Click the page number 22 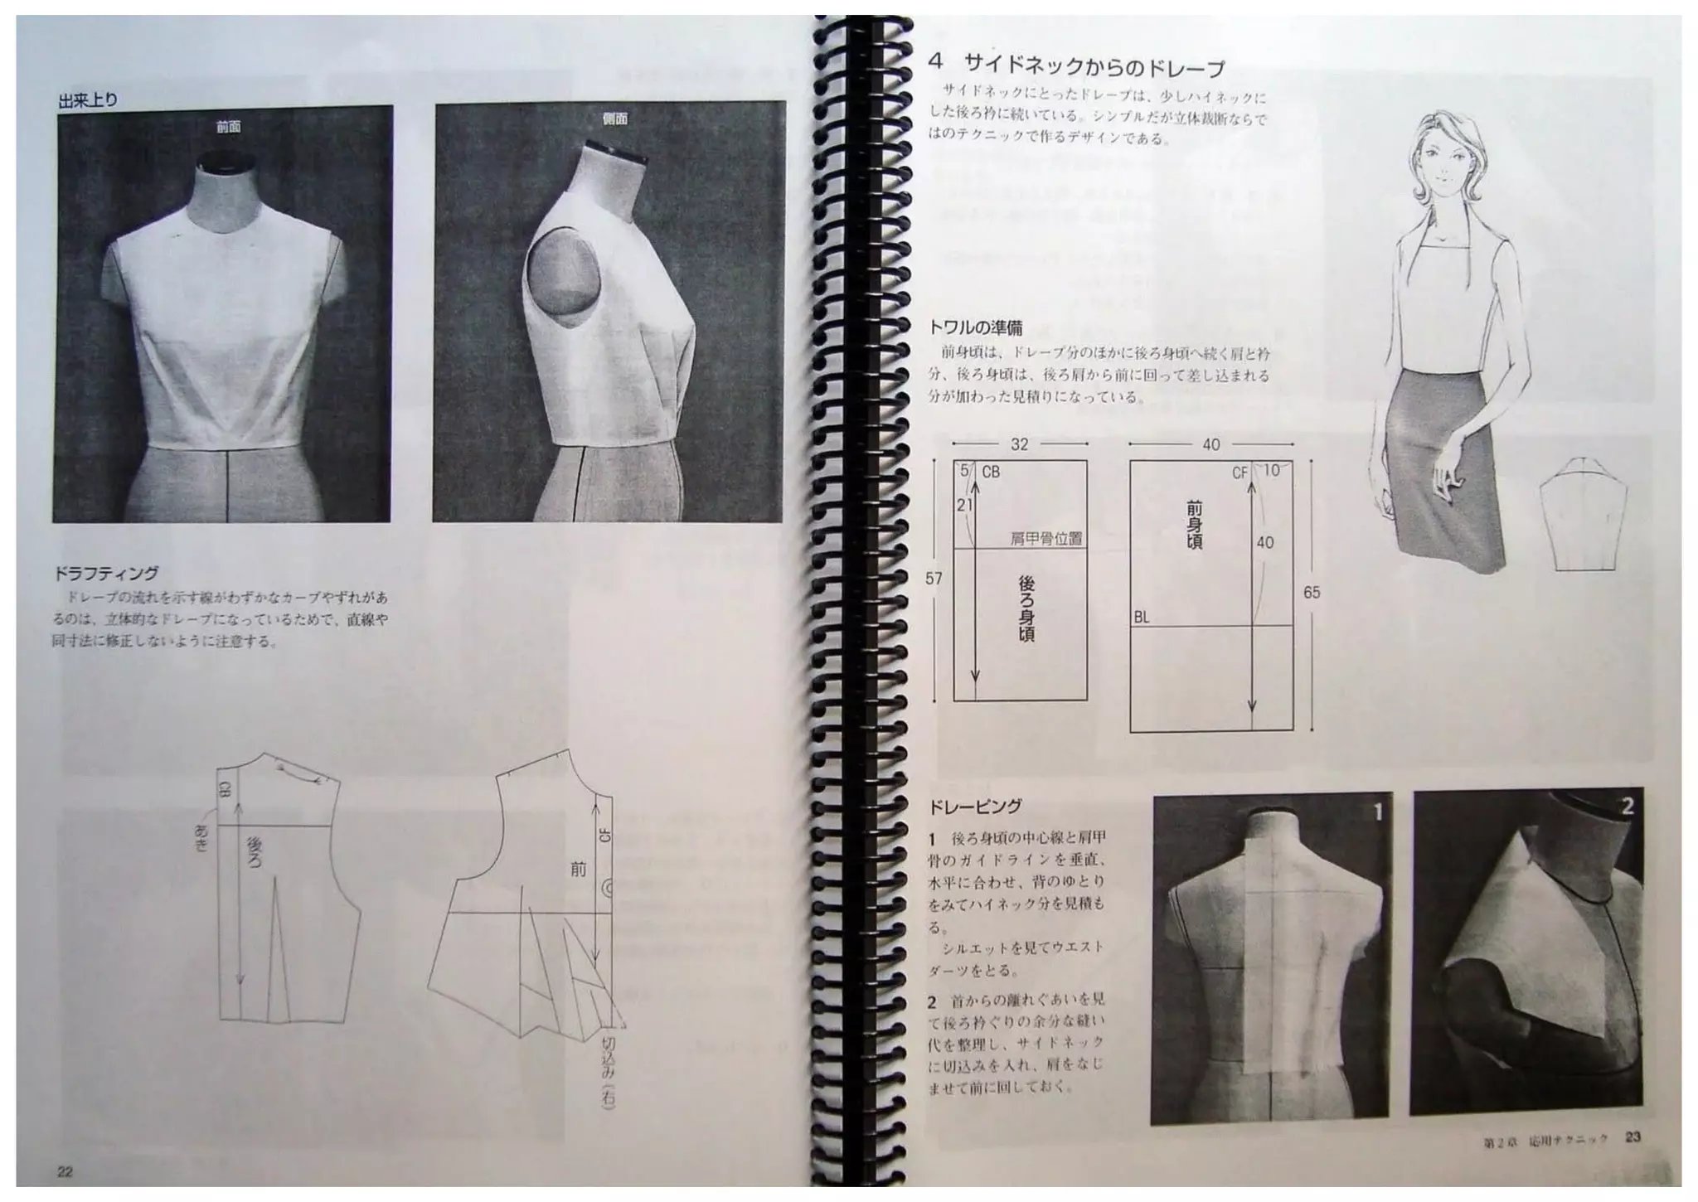click(65, 1171)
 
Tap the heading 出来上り click(88, 100)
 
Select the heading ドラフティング click(105, 573)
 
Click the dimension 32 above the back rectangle click(1019, 444)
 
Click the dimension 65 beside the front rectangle click(1311, 593)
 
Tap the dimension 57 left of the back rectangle click(934, 578)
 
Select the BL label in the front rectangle click(1141, 618)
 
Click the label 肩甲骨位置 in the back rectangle click(1045, 539)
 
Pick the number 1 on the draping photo click(1377, 812)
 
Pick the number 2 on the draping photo click(1627, 806)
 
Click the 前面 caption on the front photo click(228, 126)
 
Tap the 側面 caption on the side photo click(614, 119)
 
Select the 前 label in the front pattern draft click(578, 869)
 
